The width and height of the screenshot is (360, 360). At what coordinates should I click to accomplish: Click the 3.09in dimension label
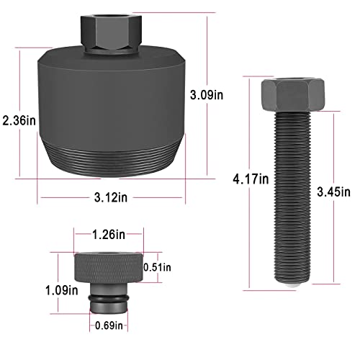(207, 95)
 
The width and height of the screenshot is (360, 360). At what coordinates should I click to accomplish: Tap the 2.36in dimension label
(19, 120)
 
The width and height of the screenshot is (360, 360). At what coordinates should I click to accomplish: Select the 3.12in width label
(111, 198)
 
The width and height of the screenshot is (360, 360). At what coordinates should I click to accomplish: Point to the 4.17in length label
(251, 179)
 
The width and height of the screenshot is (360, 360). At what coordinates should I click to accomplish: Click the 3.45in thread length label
(333, 192)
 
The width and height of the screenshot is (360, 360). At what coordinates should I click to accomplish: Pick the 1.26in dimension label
(109, 234)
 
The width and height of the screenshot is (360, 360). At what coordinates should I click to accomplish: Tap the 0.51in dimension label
(157, 267)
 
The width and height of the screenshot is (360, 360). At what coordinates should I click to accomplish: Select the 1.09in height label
(62, 290)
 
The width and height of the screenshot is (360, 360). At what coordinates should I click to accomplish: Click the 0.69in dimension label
(109, 325)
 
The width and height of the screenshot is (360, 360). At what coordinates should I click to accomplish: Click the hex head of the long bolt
(293, 95)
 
